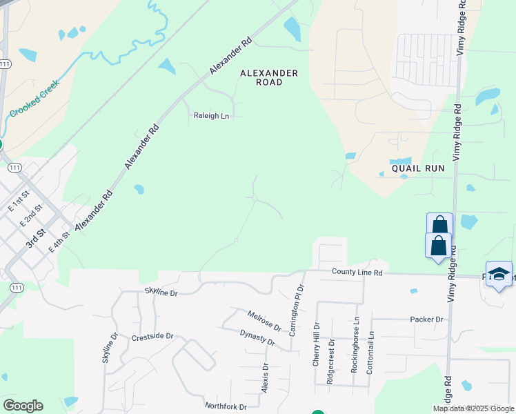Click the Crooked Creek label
[x=34, y=98]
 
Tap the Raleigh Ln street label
[x=211, y=116]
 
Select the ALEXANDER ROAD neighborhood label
[x=269, y=77]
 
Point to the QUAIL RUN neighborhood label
[x=418, y=168]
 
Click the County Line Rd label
[x=357, y=273]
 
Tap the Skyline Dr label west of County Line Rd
[x=161, y=293]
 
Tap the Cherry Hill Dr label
[x=317, y=344]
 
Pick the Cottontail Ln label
[x=371, y=352]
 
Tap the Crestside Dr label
[x=152, y=337]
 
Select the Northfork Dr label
[x=226, y=406]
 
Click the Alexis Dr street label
[x=265, y=376]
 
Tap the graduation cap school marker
[x=499, y=274]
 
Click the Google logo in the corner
[x=23, y=406]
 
